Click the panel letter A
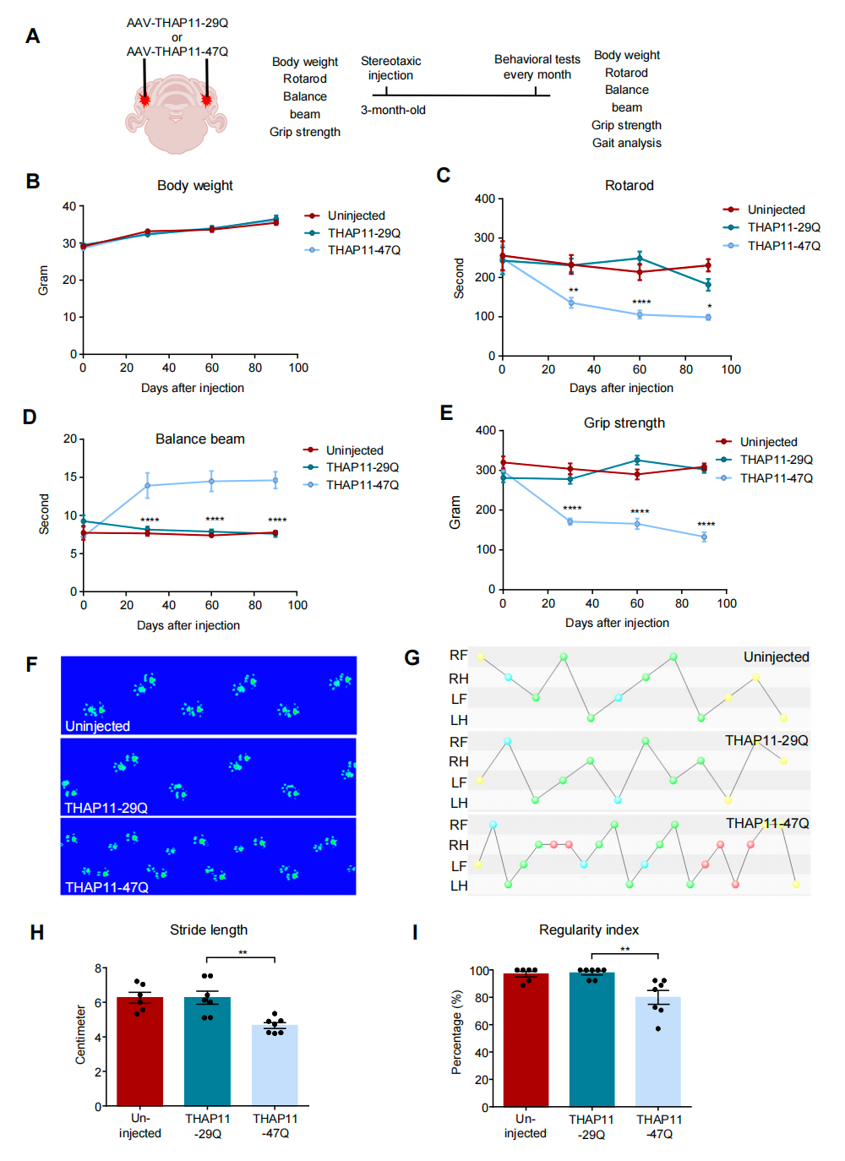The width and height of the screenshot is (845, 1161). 33,36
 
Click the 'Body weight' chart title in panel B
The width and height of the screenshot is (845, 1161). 194,186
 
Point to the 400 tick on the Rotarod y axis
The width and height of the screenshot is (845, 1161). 485,199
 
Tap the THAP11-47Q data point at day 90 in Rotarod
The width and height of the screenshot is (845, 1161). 708,318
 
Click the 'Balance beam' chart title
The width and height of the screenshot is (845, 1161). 200,439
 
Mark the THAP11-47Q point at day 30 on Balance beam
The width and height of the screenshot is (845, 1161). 148,485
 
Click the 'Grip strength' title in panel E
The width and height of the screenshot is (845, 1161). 624,423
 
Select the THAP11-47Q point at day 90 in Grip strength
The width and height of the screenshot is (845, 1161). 704,537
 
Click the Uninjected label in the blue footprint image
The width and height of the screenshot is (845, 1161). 98,726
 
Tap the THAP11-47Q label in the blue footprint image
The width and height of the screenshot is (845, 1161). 106,887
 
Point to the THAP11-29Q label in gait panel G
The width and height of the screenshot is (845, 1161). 766,740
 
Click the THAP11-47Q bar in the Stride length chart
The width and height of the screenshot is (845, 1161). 275,1065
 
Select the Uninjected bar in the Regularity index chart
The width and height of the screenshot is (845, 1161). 526,1039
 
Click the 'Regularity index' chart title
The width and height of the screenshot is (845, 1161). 589,930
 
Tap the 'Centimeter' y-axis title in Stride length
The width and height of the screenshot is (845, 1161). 81,1034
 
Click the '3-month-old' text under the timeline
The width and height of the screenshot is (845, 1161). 393,111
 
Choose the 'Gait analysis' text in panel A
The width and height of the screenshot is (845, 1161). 627,144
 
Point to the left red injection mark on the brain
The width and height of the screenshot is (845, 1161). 144,101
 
